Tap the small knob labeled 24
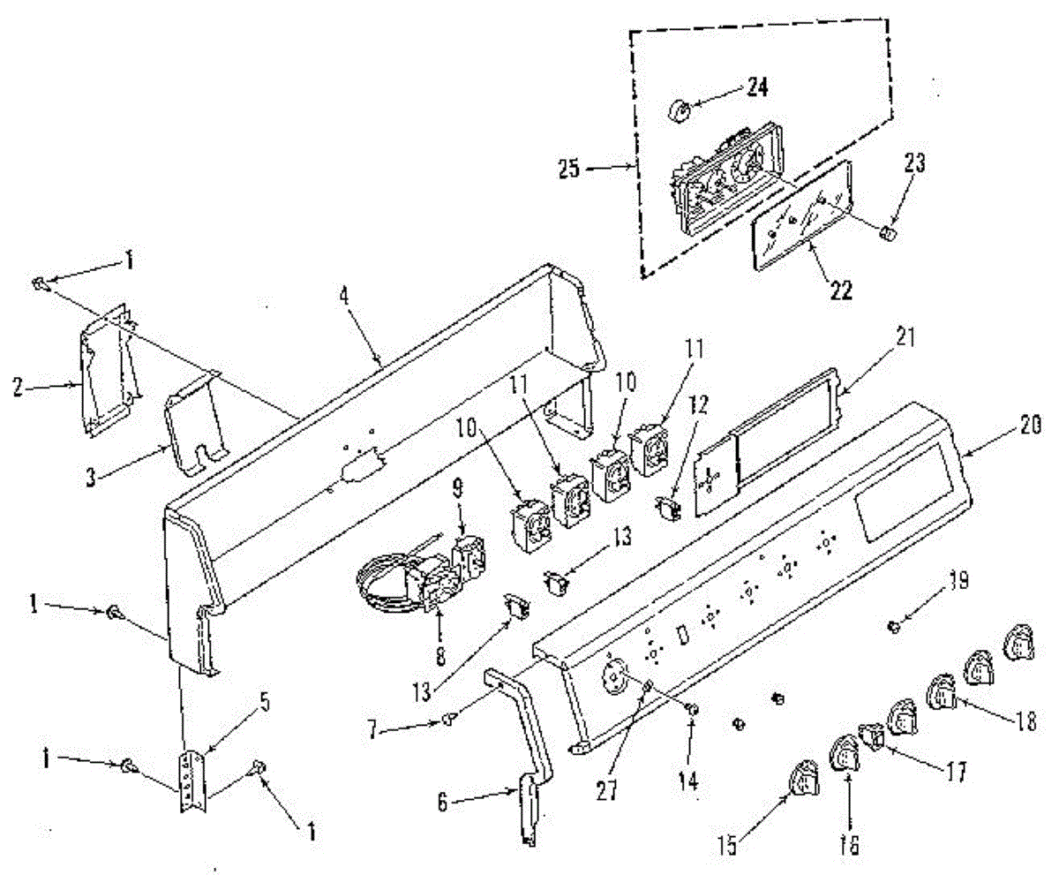pyautogui.click(x=680, y=111)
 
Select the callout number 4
pyautogui.click(x=345, y=295)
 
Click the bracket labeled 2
pyautogui.click(x=109, y=371)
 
